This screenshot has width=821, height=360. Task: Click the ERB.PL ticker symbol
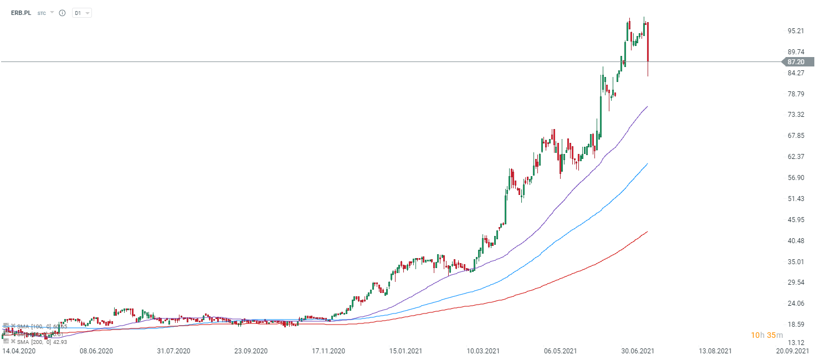(22, 13)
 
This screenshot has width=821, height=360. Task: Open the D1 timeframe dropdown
(82, 13)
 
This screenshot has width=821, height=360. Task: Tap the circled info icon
(62, 13)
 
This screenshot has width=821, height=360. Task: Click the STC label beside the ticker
(42, 13)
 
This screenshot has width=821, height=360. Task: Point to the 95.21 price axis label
(796, 31)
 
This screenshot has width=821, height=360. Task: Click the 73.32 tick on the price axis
(796, 115)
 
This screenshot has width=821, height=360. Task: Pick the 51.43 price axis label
(796, 198)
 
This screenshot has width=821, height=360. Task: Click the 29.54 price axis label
(796, 282)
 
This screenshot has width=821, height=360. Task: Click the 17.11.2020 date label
(329, 351)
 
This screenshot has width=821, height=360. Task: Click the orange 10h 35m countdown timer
(767, 335)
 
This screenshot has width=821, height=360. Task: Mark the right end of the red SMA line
(647, 232)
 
